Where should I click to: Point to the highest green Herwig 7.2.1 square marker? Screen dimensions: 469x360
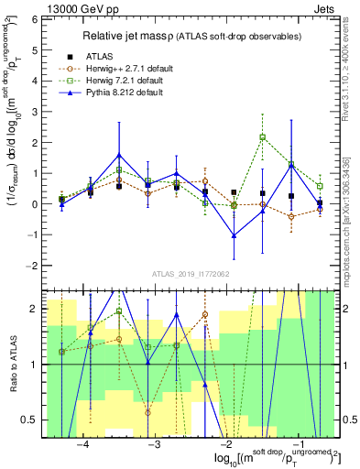point(263,137)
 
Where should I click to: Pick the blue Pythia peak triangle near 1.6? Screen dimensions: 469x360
point(119,155)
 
